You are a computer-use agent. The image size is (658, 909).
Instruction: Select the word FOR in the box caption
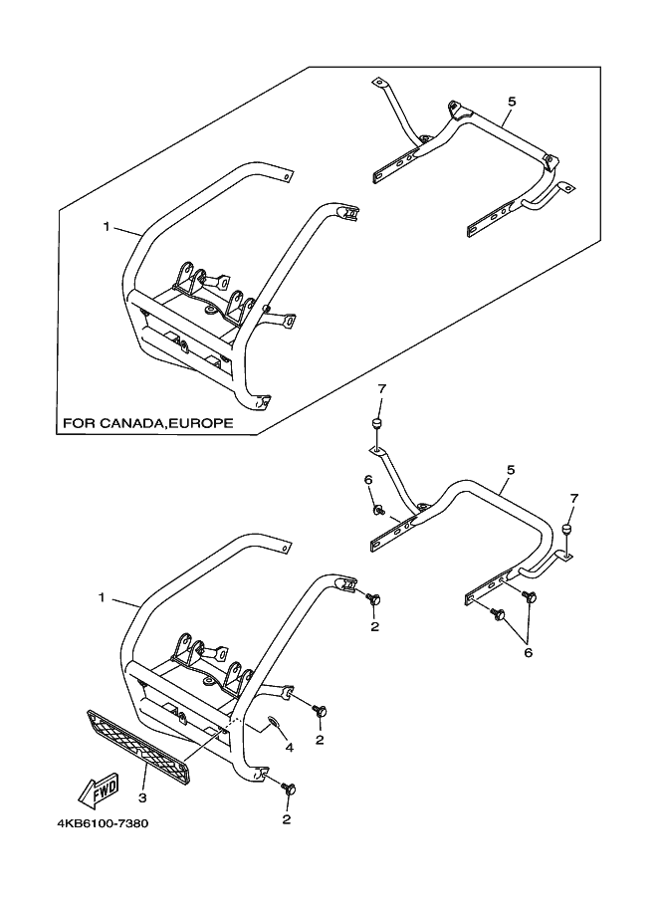click(77, 423)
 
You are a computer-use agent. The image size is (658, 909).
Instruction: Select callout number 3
click(141, 797)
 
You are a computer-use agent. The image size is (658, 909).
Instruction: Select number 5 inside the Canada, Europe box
click(511, 103)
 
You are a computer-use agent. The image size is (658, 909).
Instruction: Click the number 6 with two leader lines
click(529, 652)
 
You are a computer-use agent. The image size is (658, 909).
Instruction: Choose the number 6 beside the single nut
click(367, 479)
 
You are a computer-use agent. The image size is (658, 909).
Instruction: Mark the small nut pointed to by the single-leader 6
click(380, 511)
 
